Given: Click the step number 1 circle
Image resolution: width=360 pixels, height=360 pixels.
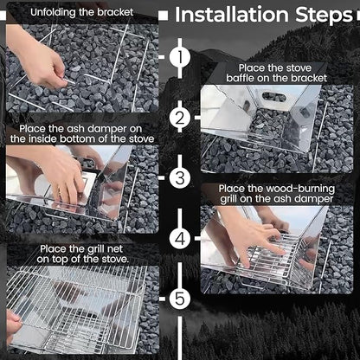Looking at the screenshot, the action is [x=180, y=58].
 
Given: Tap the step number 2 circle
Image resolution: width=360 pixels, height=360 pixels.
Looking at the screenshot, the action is [x=180, y=118].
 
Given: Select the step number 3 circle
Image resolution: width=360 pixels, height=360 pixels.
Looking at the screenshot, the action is [x=180, y=177].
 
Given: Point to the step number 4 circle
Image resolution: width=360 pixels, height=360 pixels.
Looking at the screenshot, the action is [x=180, y=238].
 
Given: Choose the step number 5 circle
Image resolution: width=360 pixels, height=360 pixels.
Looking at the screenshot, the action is [x=180, y=299].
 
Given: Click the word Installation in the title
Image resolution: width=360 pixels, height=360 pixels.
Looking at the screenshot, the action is [x=232, y=15].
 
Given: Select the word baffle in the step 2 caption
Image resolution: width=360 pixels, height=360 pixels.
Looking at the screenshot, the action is [x=240, y=78].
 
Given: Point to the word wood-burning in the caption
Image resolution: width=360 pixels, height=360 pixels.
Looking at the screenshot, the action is [x=300, y=189].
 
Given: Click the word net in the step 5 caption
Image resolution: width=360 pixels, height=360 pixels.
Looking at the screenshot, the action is [x=115, y=248].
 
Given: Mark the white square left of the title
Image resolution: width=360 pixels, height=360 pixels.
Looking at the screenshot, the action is [x=164, y=16].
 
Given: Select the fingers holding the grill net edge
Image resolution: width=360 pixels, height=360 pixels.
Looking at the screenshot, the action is [x=14, y=326].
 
